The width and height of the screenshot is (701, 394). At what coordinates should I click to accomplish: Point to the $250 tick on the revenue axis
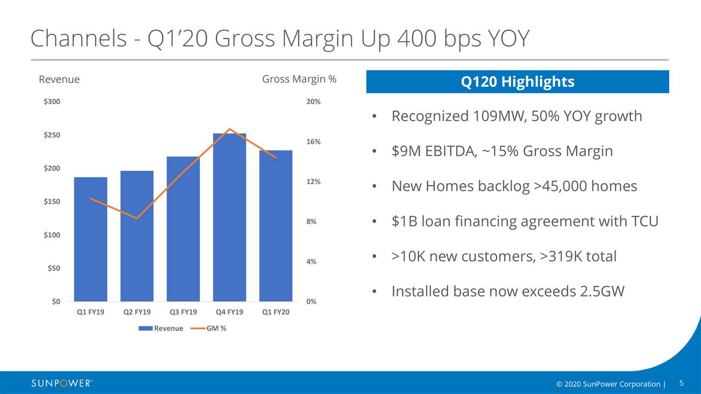point(53,135)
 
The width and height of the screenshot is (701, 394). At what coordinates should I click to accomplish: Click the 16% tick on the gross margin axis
point(313,142)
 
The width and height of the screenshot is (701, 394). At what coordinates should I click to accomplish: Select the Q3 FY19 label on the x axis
point(183,312)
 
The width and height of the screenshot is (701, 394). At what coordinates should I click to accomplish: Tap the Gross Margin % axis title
point(299,79)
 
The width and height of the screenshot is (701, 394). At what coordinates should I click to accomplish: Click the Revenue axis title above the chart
point(59,79)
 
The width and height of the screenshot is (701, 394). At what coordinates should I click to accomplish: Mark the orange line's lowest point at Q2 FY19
point(137,218)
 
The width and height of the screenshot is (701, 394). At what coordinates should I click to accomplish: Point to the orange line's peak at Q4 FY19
point(229,129)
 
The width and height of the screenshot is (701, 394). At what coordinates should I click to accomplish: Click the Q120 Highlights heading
point(518,82)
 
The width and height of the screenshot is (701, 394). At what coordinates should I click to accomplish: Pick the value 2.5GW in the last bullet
point(602,292)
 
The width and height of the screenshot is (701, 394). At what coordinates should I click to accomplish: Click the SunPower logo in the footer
point(61,383)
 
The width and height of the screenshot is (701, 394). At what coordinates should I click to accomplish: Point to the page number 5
point(682,383)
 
